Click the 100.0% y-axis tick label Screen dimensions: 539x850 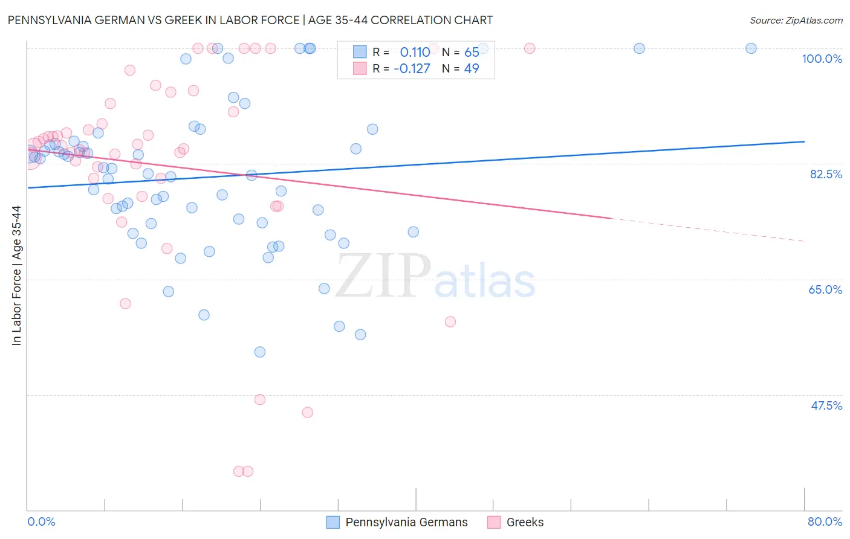(822, 59)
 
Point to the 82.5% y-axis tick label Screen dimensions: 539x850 (826, 174)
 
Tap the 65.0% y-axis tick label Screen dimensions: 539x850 (825, 289)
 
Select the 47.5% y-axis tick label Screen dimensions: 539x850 (826, 405)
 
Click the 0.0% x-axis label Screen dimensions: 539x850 (41, 521)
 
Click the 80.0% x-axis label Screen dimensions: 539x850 (825, 521)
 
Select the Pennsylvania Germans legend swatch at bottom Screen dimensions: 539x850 (333, 522)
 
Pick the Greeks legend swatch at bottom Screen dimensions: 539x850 (494, 522)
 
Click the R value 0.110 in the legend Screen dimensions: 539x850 (415, 53)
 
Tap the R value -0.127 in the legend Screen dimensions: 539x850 (412, 69)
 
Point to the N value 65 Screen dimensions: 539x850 (472, 53)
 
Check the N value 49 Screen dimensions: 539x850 (472, 69)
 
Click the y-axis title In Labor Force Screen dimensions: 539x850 (16, 276)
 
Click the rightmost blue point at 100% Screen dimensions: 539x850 (751, 48)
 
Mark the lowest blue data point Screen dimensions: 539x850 (260, 352)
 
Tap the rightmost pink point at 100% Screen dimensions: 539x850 (530, 48)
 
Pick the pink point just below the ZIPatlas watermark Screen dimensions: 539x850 (450, 321)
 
